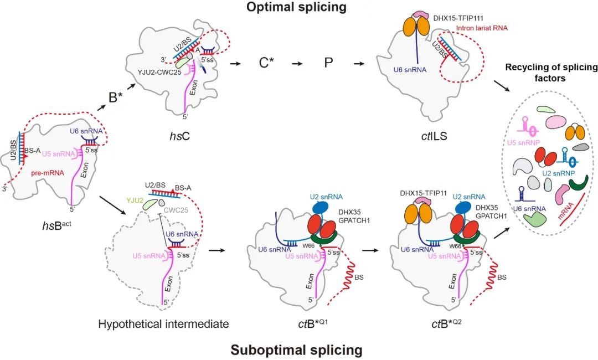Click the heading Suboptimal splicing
296,349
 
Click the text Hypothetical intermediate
164,323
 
